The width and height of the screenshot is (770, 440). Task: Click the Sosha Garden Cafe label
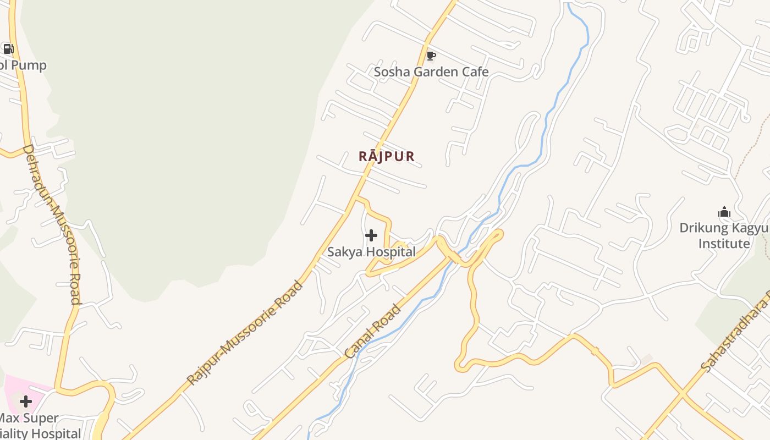click(x=431, y=72)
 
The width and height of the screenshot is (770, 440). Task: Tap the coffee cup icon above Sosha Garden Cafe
click(x=431, y=56)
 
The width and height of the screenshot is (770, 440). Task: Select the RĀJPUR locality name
click(x=387, y=156)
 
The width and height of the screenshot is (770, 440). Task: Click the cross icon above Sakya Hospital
click(x=371, y=235)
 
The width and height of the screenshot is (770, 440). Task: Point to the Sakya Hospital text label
click(x=371, y=252)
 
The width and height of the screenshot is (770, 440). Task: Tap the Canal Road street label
click(x=373, y=332)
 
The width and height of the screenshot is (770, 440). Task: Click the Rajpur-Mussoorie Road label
click(x=245, y=333)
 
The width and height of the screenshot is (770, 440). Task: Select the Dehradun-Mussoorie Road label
click(x=52, y=224)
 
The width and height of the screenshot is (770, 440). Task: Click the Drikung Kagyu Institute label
click(x=724, y=235)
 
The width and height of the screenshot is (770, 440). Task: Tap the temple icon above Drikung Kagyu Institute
click(x=724, y=212)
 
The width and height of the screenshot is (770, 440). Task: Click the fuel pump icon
click(x=8, y=49)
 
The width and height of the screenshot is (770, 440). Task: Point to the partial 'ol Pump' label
click(x=23, y=65)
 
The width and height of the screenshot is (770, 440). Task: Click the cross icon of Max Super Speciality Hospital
click(x=26, y=402)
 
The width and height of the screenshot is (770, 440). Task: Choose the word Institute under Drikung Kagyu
click(x=724, y=243)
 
